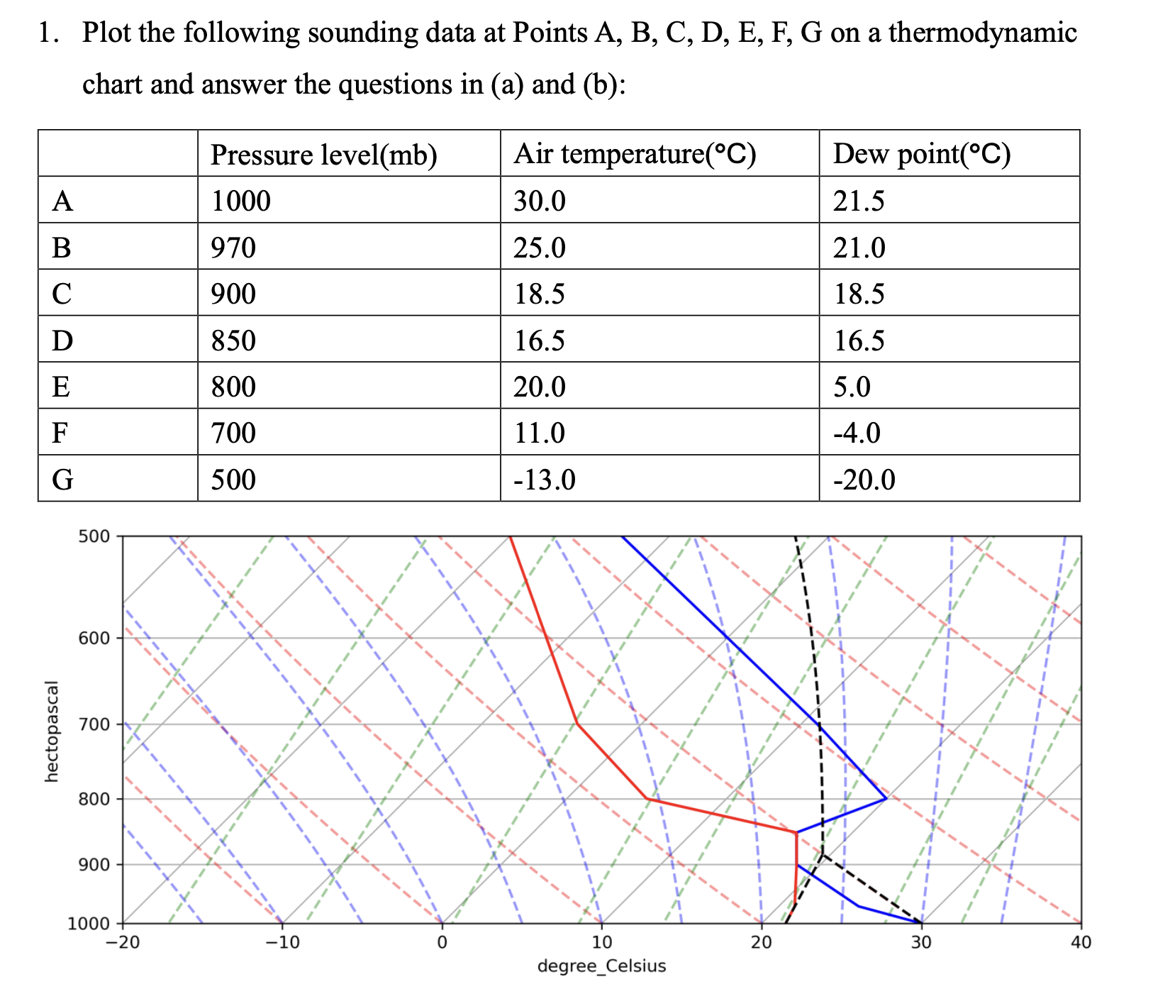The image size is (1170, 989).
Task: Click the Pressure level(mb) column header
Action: [323, 154]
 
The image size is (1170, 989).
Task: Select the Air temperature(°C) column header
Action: [635, 154]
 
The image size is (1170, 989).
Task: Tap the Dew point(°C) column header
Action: [921, 154]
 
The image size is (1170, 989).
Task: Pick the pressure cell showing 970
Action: [234, 248]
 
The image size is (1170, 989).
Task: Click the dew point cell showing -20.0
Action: [864, 480]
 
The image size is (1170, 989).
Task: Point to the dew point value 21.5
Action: [858, 201]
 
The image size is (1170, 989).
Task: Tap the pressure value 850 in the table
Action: [234, 341]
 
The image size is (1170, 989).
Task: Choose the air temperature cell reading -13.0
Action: [544, 480]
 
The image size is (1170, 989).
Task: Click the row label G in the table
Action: [62, 480]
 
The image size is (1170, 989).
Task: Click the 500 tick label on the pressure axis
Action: [94, 536]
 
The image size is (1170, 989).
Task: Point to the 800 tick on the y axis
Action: [94, 799]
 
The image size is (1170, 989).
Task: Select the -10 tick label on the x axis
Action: [282, 943]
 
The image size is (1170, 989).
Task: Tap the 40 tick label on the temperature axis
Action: [1081, 943]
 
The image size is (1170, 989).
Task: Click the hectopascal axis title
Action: [51, 731]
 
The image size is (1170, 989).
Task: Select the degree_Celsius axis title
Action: [602, 966]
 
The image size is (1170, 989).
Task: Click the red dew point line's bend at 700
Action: [577, 724]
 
